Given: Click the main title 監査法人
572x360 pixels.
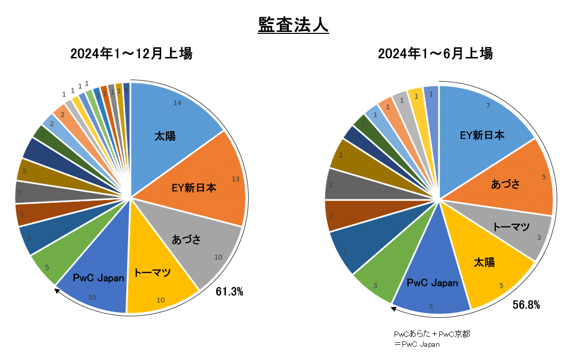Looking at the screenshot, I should [293, 25].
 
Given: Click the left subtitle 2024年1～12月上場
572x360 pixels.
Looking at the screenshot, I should [131, 54].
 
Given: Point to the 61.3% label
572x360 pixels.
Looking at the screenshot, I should [229, 292].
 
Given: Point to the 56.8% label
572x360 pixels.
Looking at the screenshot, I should [526, 305].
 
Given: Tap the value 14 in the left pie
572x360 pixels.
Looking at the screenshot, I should [178, 103].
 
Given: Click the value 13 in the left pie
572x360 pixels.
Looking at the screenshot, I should [235, 179].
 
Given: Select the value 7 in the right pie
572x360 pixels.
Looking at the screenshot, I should [487, 106].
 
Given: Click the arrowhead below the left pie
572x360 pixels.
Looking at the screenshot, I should [57, 291].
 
